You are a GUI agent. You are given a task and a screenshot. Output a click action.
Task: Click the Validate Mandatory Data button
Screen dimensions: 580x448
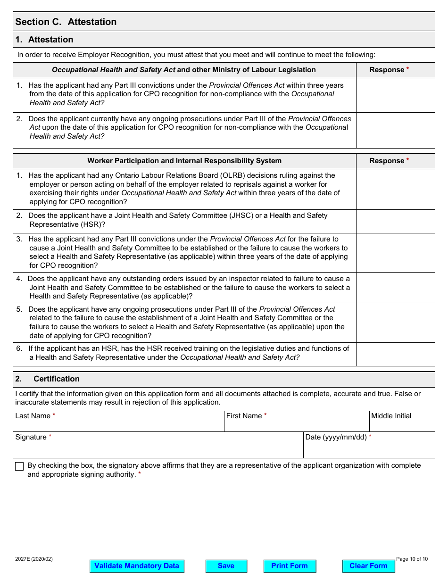[137, 566]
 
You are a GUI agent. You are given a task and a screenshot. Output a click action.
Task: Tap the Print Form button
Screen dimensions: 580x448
[290, 566]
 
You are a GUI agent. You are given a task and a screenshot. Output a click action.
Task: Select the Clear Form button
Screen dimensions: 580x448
[368, 566]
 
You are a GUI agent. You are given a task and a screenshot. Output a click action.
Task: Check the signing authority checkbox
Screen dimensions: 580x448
[19, 466]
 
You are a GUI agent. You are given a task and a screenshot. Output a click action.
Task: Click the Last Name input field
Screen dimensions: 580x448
[119, 425]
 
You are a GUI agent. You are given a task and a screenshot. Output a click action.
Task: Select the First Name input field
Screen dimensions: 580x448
[296, 425]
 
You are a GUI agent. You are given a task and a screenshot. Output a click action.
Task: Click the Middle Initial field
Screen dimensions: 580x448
[402, 425]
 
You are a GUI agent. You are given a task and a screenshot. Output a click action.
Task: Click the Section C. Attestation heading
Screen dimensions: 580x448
[66, 22]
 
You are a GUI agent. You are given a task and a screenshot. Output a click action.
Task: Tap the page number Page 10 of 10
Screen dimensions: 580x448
[412, 559]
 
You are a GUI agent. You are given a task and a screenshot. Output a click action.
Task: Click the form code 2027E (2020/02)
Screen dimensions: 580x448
[34, 559]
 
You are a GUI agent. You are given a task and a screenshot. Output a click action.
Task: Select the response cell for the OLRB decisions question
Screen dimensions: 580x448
[395, 189]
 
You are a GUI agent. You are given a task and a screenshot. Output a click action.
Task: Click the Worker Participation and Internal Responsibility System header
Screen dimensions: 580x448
[184, 161]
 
